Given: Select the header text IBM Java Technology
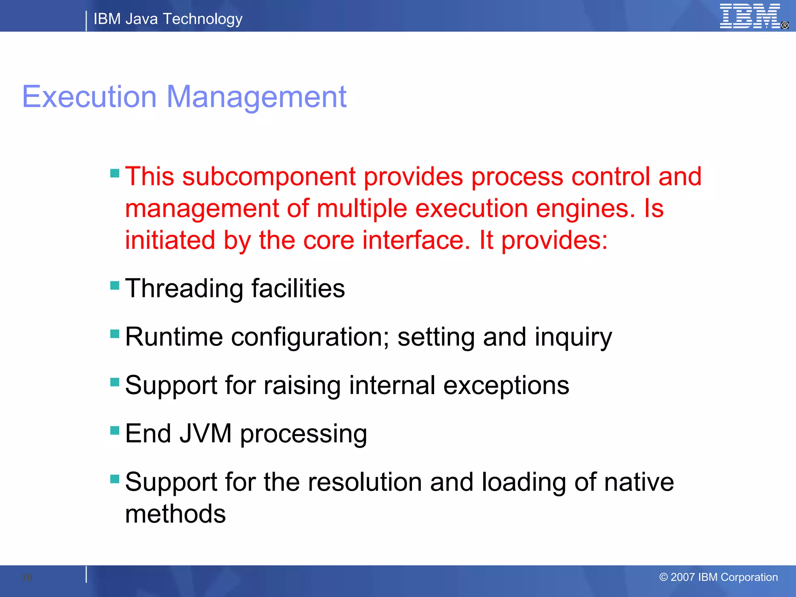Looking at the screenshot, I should (168, 19).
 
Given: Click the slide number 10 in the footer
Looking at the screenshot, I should (27, 577).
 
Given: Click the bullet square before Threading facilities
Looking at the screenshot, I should (115, 286).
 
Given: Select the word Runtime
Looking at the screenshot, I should (174, 337).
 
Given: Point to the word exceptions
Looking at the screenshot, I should (506, 386).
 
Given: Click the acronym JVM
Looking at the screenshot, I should (206, 433).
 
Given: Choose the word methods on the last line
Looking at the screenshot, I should (175, 514).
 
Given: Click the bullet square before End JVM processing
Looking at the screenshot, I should (115, 430).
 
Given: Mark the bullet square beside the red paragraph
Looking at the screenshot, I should (115, 173).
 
